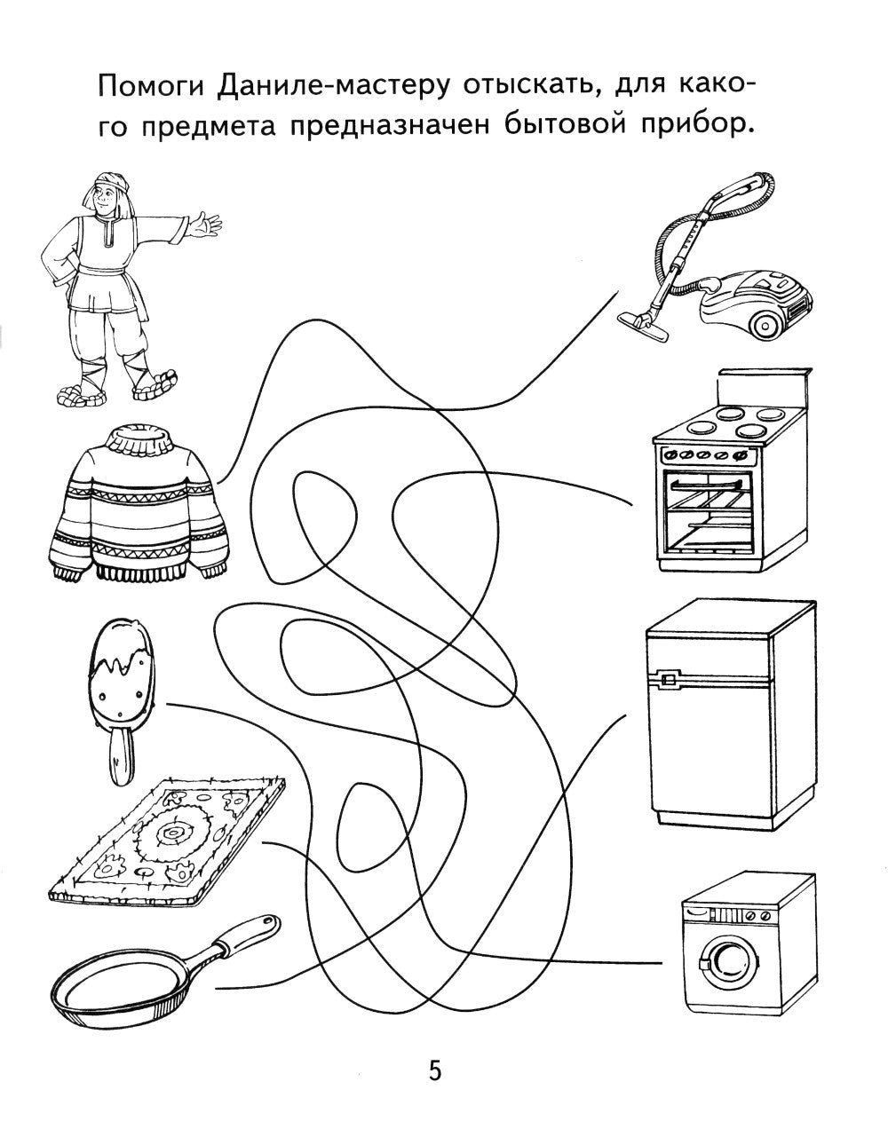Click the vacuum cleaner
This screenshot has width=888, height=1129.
pyautogui.click(x=728, y=275)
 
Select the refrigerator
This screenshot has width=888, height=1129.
pyautogui.click(x=728, y=710)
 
